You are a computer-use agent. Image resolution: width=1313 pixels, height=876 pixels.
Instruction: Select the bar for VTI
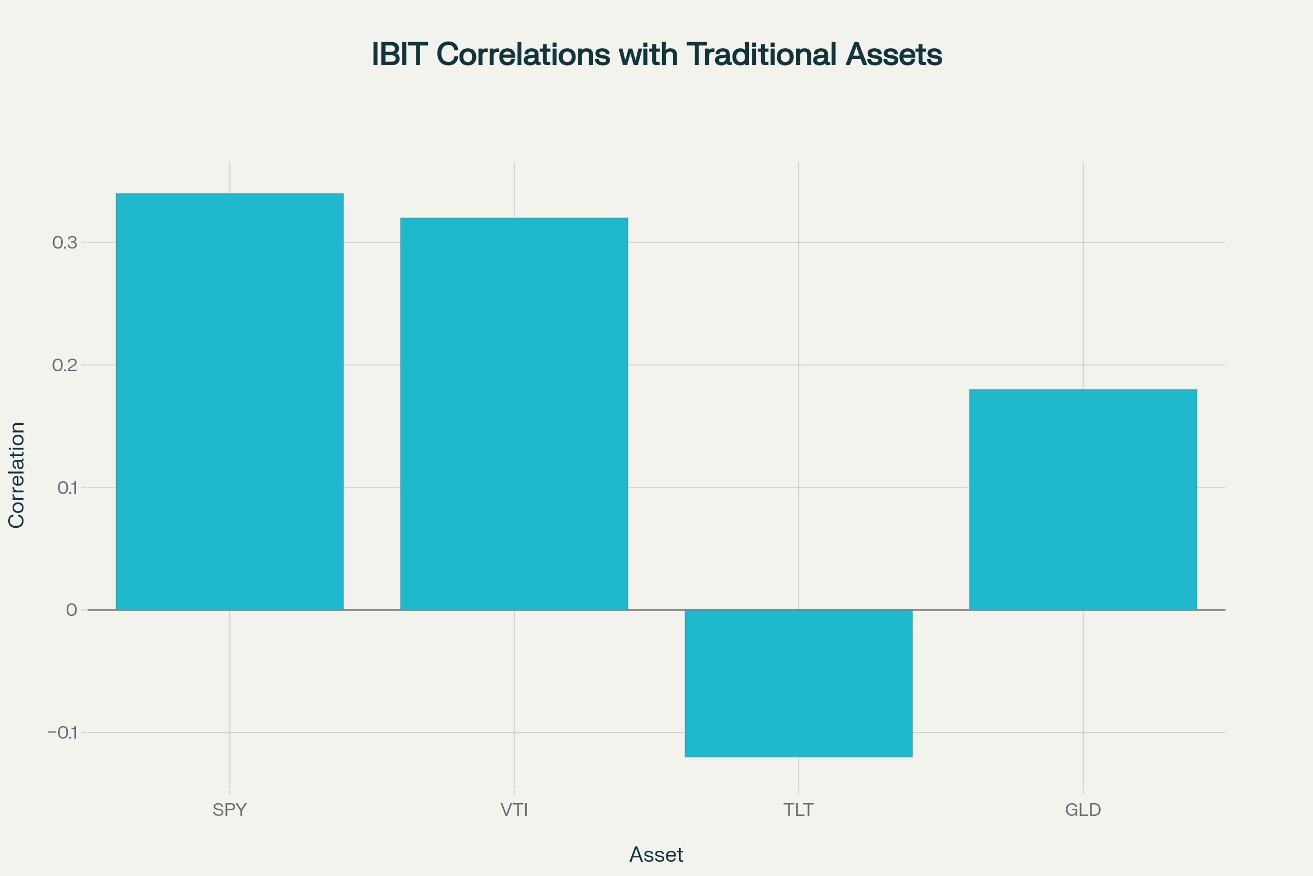(x=514, y=413)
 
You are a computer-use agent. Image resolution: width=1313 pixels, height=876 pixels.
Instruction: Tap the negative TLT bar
(x=798, y=683)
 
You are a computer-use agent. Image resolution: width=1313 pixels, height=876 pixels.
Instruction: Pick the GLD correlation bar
(x=1083, y=499)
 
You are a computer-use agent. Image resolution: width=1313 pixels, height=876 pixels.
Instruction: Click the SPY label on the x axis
(x=229, y=810)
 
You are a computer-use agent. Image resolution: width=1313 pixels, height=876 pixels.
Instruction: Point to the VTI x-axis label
(x=514, y=810)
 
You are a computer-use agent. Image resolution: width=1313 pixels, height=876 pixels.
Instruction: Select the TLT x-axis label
(x=798, y=810)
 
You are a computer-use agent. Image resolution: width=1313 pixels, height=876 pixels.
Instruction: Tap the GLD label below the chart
(x=1083, y=810)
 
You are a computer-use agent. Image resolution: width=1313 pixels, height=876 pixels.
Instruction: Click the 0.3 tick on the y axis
(x=65, y=243)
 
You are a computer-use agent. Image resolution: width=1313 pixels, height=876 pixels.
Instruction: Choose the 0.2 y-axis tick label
(x=65, y=365)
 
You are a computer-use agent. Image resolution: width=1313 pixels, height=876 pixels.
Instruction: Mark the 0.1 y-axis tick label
(x=67, y=488)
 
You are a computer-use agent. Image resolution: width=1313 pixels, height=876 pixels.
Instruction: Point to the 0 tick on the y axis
(x=72, y=610)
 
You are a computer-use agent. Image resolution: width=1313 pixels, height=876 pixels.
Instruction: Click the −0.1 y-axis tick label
(x=62, y=733)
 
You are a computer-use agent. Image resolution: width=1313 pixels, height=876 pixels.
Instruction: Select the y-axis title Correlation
(x=17, y=475)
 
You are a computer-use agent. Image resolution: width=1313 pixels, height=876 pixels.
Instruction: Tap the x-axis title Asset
(x=656, y=855)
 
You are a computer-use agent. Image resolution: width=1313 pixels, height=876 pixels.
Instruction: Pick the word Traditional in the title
(x=762, y=55)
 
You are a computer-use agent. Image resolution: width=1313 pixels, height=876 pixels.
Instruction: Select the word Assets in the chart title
(x=894, y=55)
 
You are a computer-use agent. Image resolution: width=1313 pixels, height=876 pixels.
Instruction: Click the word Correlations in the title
(x=523, y=55)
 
